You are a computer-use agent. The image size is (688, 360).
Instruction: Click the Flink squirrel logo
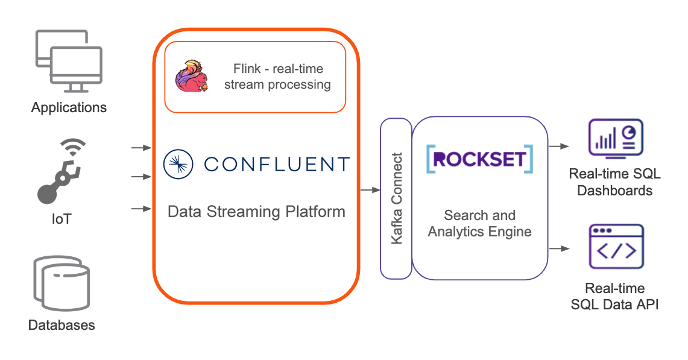[x=192, y=77]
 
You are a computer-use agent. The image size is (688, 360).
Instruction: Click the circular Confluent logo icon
[x=178, y=163]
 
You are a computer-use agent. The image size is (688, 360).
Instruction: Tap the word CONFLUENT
[x=277, y=164]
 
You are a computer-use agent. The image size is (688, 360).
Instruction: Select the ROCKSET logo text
[x=479, y=159]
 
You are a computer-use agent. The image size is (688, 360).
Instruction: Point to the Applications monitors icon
[x=68, y=61]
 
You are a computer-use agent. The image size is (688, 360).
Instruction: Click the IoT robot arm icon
[x=60, y=177]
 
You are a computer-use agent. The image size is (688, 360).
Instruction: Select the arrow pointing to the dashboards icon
[x=558, y=146]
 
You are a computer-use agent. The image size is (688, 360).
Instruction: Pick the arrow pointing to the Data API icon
[x=558, y=248]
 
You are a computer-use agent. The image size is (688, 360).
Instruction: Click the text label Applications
[x=69, y=108]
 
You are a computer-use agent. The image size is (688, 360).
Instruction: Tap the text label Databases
[x=62, y=325]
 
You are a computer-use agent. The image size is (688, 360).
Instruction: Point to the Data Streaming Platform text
[x=256, y=212]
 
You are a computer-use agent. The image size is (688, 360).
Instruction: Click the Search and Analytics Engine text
[x=479, y=223]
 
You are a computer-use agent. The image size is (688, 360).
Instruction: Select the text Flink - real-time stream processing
[x=277, y=77]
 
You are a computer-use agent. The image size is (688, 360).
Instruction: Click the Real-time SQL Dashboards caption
[x=615, y=182]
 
